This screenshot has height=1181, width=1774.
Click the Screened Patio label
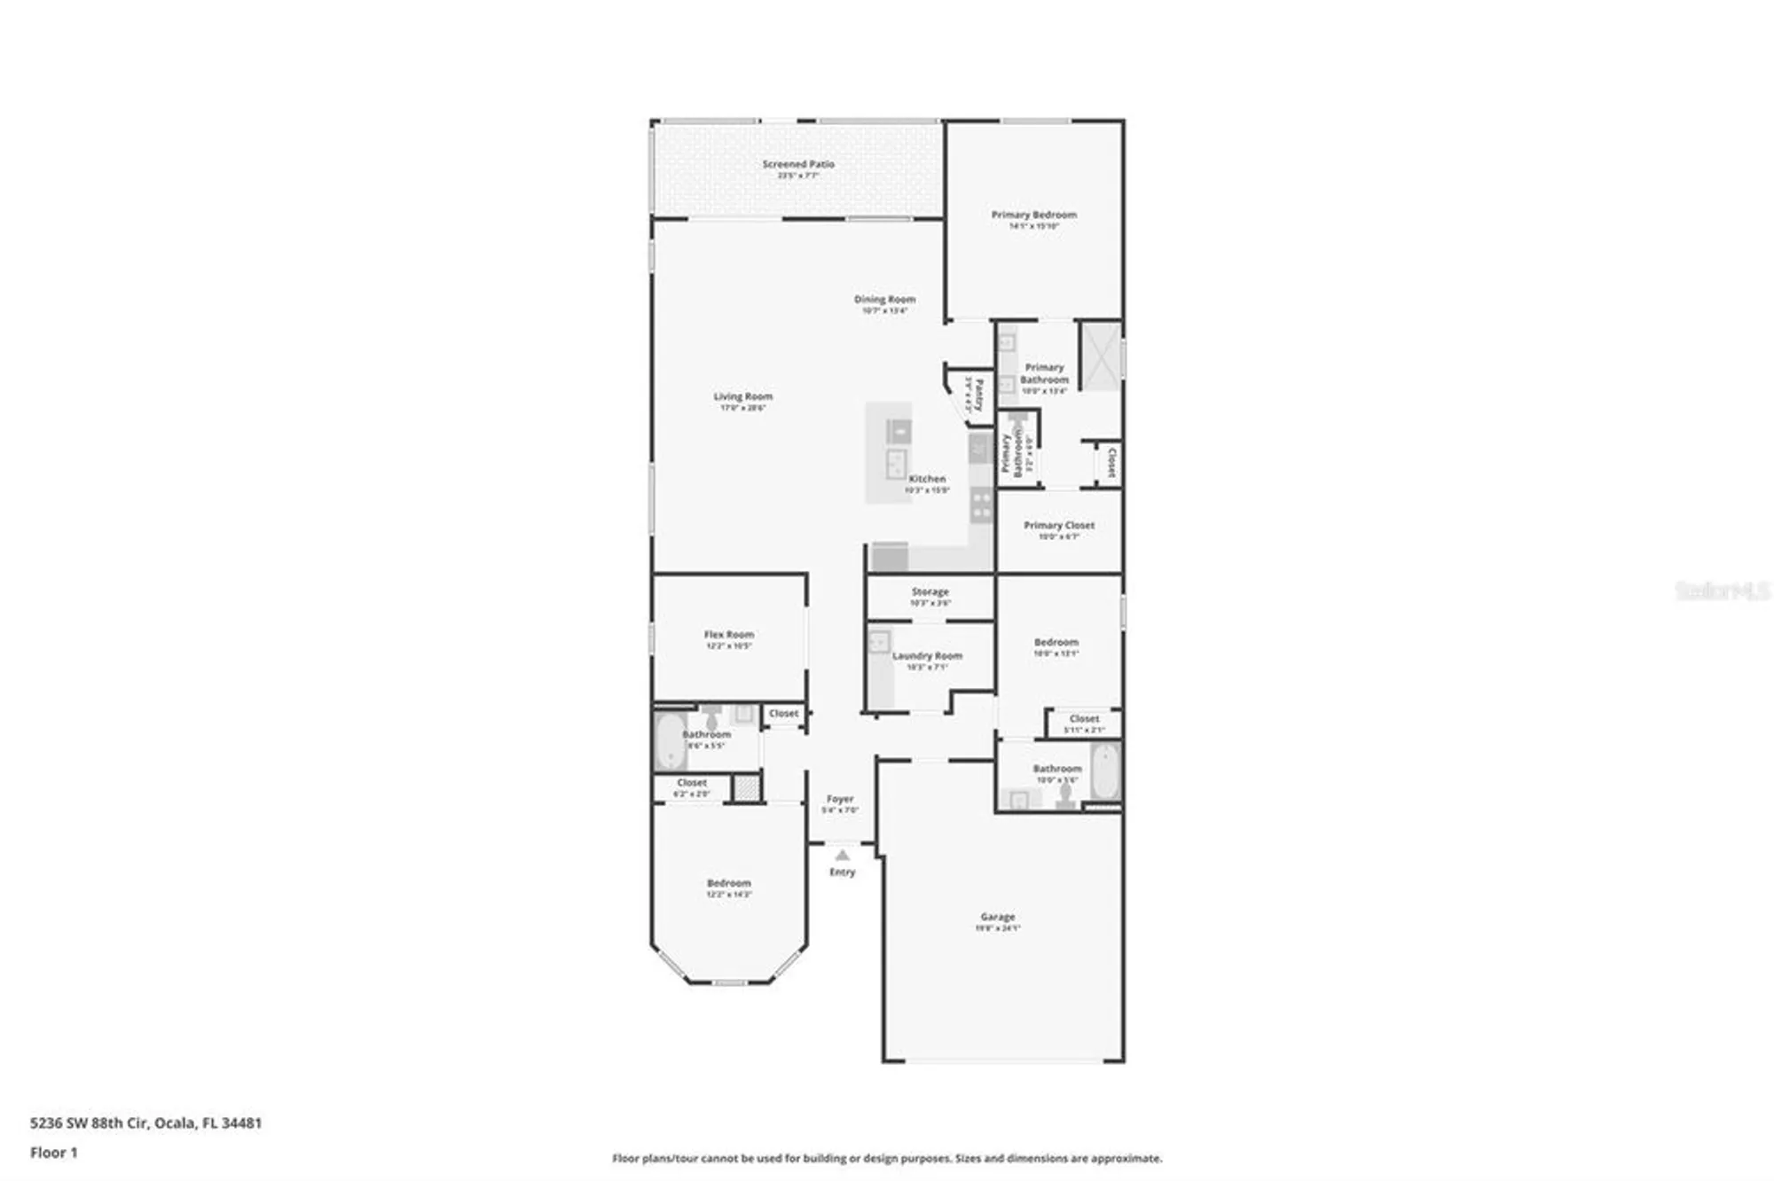click(x=798, y=164)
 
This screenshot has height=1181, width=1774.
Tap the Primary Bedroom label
click(x=1033, y=215)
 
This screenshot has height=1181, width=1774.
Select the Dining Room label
click(x=884, y=300)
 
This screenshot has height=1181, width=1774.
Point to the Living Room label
click(x=742, y=397)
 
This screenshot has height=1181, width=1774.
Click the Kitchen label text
click(x=927, y=479)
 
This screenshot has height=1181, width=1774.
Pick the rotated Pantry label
click(x=979, y=395)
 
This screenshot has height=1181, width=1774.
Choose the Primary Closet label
click(x=1059, y=526)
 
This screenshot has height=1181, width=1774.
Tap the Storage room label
click(x=930, y=591)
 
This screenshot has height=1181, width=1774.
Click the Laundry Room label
click(x=927, y=656)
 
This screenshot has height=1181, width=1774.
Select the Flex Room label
click(x=728, y=635)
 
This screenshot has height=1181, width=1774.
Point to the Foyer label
click(x=840, y=799)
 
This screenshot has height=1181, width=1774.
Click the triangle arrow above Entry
click(x=842, y=856)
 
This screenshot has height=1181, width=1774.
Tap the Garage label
click(x=998, y=917)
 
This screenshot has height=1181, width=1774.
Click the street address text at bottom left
click(x=146, y=1123)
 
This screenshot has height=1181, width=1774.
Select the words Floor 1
click(x=54, y=1153)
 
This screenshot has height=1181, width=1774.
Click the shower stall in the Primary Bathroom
click(x=1100, y=356)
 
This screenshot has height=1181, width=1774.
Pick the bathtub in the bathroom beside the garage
click(x=1105, y=772)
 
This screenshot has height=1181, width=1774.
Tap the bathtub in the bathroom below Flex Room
click(x=670, y=741)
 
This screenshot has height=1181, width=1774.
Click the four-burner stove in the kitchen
click(x=981, y=505)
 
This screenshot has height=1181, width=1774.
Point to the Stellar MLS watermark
click(x=1722, y=590)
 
